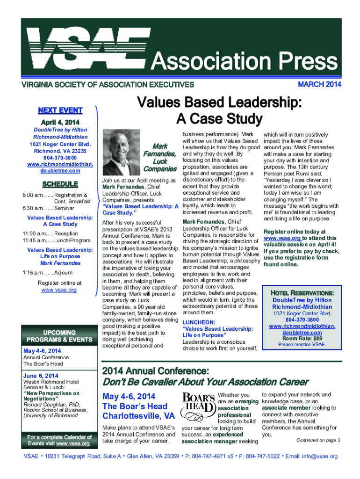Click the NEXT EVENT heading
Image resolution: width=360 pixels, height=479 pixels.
click(x=60, y=110)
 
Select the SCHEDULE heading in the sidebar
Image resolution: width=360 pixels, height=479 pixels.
click(x=59, y=184)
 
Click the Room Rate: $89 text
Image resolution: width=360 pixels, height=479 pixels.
click(x=302, y=338)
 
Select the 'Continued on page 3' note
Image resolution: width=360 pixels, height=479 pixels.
click(x=318, y=440)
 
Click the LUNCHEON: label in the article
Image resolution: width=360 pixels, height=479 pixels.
click(x=199, y=322)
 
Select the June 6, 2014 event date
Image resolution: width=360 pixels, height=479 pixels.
click(x=41, y=376)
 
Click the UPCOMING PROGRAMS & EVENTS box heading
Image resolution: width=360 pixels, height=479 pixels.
click(x=59, y=336)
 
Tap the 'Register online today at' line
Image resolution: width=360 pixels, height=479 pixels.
click(x=295, y=232)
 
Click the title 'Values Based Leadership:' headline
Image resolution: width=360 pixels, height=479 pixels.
click(x=218, y=103)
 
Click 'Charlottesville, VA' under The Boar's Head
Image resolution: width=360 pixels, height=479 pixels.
click(x=138, y=416)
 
